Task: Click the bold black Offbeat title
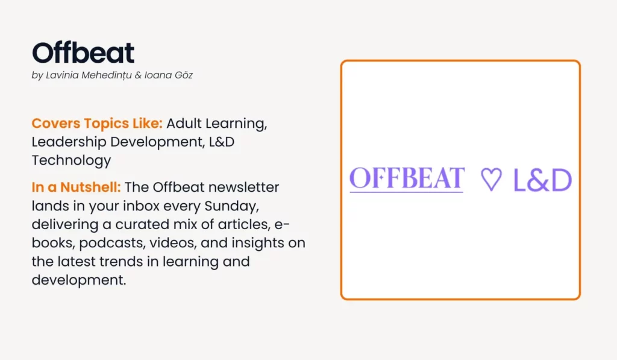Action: (x=83, y=53)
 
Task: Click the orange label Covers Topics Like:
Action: (x=97, y=123)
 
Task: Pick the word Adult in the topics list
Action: (x=184, y=123)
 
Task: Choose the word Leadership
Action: (x=69, y=142)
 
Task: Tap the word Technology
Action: (x=71, y=160)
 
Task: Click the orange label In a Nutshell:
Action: (x=76, y=187)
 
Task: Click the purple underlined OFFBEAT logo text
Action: (x=407, y=179)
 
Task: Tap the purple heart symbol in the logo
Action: (x=491, y=180)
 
